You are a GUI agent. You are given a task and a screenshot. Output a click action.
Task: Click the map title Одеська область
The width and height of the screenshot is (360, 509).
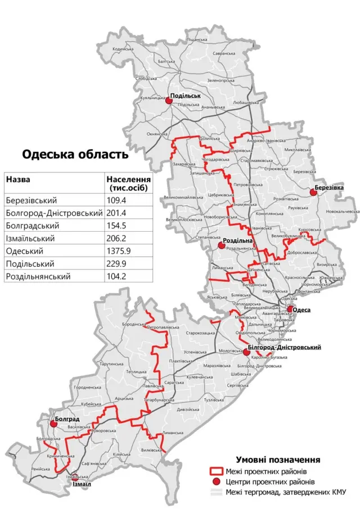click(75, 154)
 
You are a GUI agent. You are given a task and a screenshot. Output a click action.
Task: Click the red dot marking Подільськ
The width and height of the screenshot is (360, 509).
click(168, 101)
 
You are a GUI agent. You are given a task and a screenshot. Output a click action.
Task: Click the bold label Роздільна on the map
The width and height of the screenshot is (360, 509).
click(238, 240)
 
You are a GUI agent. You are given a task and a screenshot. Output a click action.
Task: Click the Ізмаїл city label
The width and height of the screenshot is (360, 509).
click(82, 483)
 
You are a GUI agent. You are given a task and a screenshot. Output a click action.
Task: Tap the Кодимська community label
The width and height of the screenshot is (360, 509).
click(123, 49)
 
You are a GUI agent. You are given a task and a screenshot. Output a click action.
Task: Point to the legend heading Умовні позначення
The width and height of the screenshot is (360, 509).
click(278, 460)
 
